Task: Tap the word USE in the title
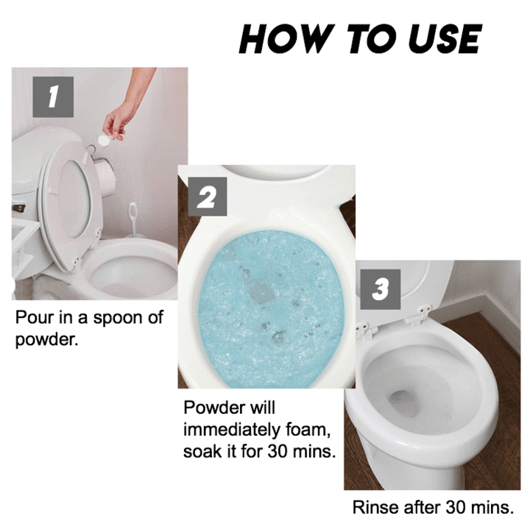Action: coord(445,38)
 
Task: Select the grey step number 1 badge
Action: coord(53,97)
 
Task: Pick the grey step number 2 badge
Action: coord(207,197)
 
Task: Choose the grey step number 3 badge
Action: coord(381,289)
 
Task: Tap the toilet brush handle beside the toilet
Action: coord(132,219)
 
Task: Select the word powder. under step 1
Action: coord(46,339)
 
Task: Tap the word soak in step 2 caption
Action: coord(202,451)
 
